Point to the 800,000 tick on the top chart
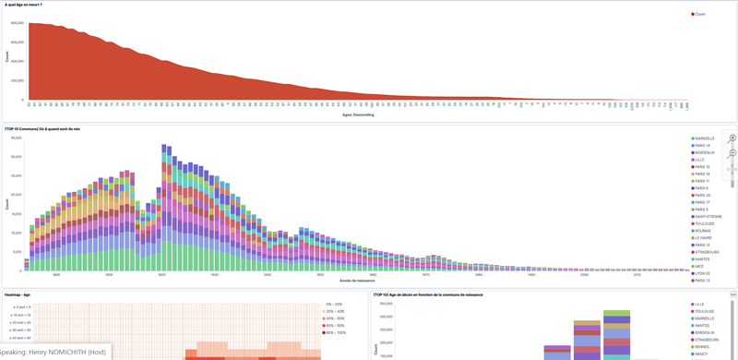pos(18,23)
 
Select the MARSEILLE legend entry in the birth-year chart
pos(705,138)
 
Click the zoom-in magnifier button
pos(732,138)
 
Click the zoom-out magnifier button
pos(732,152)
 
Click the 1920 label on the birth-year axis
pos(213,274)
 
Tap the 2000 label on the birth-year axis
pos(584,274)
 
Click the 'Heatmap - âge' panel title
pos(18,294)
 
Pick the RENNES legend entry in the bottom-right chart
pos(704,345)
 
